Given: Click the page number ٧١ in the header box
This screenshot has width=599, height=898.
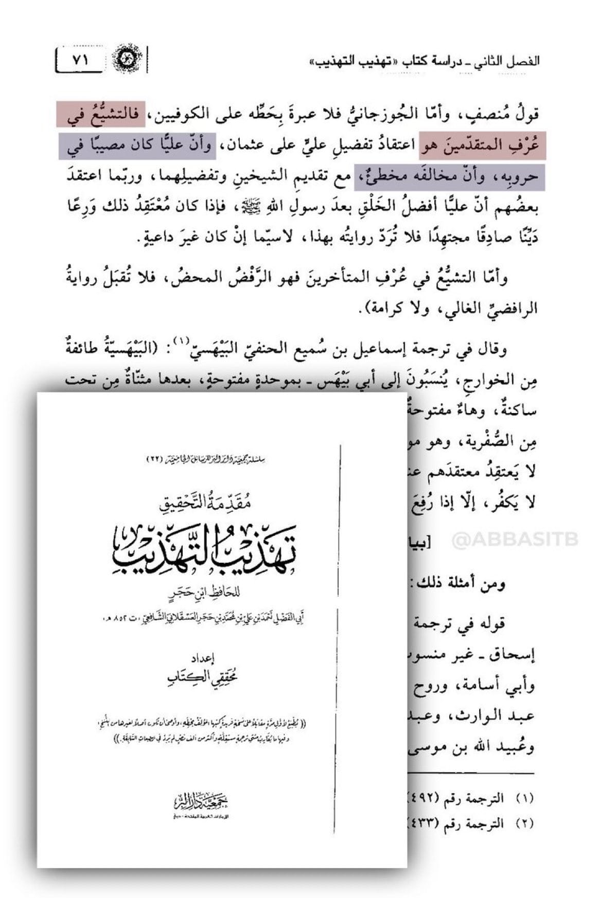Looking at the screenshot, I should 80,60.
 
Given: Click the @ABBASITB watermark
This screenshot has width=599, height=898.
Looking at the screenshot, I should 515,540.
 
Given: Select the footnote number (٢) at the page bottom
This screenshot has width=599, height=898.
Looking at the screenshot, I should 525,823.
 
